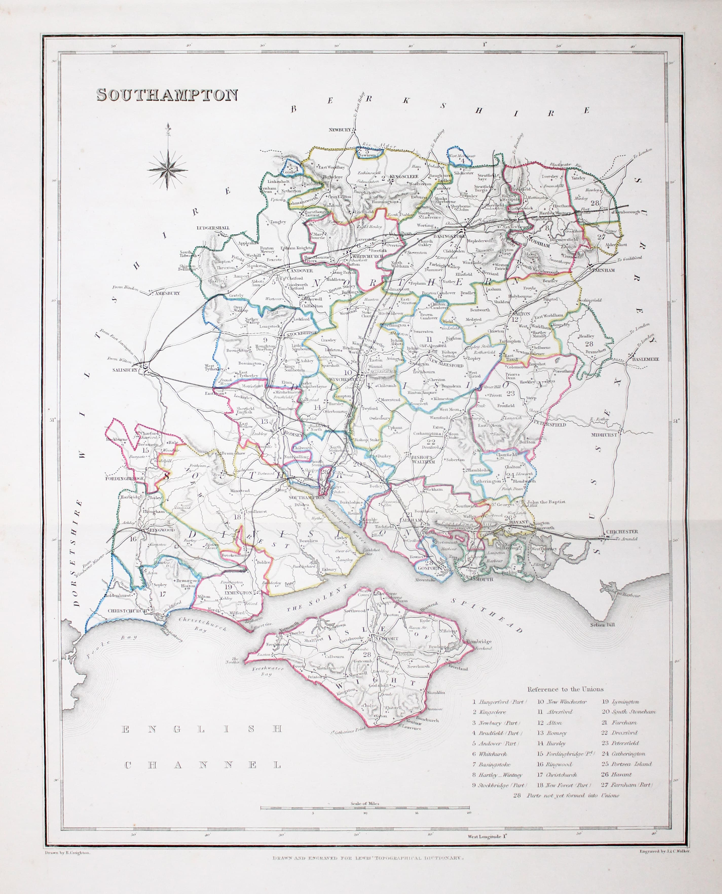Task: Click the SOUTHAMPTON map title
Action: coord(167,95)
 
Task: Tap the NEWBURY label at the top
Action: coord(340,130)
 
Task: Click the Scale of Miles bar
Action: coord(365,808)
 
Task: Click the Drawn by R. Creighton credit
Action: coord(67,852)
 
